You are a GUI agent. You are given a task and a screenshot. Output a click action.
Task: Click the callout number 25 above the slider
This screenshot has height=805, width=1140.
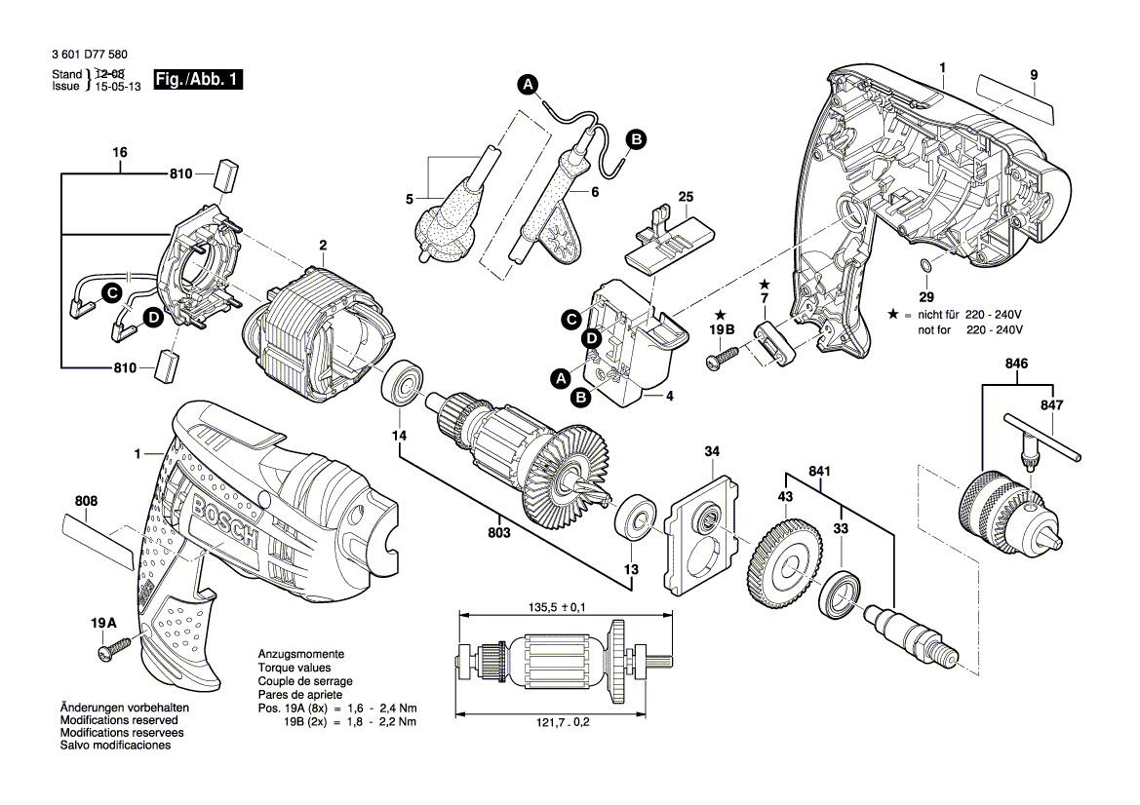click(686, 198)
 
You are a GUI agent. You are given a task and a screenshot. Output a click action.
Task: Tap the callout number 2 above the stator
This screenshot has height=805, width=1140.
click(322, 245)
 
